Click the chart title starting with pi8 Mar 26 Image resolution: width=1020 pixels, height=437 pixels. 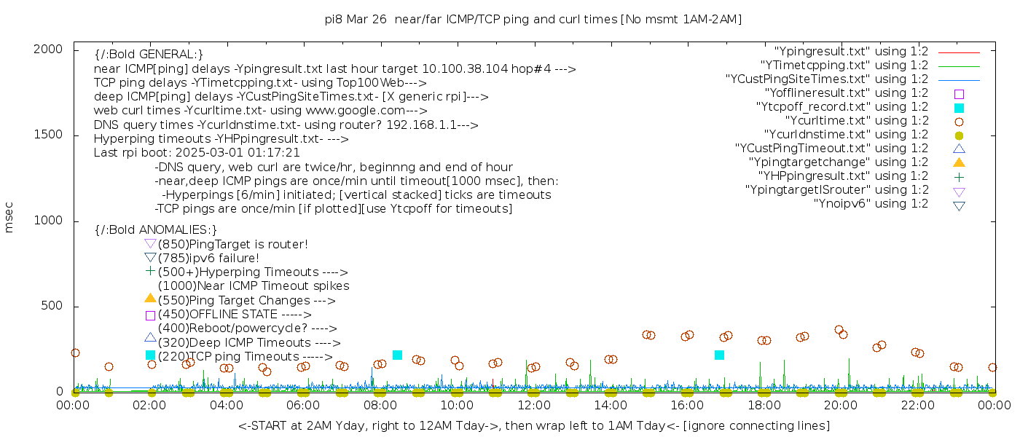pyautogui.click(x=533, y=20)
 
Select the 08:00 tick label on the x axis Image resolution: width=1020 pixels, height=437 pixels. pyautogui.click(x=380, y=406)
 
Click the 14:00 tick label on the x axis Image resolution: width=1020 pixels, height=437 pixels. pyautogui.click(x=611, y=406)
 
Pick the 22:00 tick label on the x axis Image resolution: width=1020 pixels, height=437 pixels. pyautogui.click(x=917, y=406)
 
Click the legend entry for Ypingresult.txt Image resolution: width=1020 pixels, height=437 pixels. pyautogui.click(x=851, y=52)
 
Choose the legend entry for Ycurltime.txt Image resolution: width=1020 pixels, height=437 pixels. pyautogui.click(x=856, y=121)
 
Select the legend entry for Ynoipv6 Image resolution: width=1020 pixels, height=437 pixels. pyautogui.click(x=871, y=204)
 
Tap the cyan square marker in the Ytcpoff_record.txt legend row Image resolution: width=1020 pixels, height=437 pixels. pyautogui.click(x=959, y=108)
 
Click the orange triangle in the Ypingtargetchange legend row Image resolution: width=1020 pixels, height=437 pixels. pyautogui.click(x=959, y=162)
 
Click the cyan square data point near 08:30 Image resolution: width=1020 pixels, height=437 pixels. pyautogui.click(x=397, y=355)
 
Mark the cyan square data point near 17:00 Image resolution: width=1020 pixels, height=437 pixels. pyautogui.click(x=719, y=355)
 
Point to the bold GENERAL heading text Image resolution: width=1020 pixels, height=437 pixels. pyautogui.click(x=149, y=55)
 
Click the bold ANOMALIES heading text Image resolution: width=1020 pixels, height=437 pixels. pyautogui.click(x=155, y=230)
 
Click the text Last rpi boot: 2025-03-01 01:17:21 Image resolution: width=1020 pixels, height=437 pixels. pyautogui.click(x=197, y=153)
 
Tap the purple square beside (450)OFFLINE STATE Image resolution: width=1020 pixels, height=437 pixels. pyautogui.click(x=150, y=315)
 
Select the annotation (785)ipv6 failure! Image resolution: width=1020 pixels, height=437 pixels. pyautogui.click(x=208, y=259)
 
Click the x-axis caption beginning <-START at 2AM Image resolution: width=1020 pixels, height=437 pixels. pyautogui.click(x=533, y=425)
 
